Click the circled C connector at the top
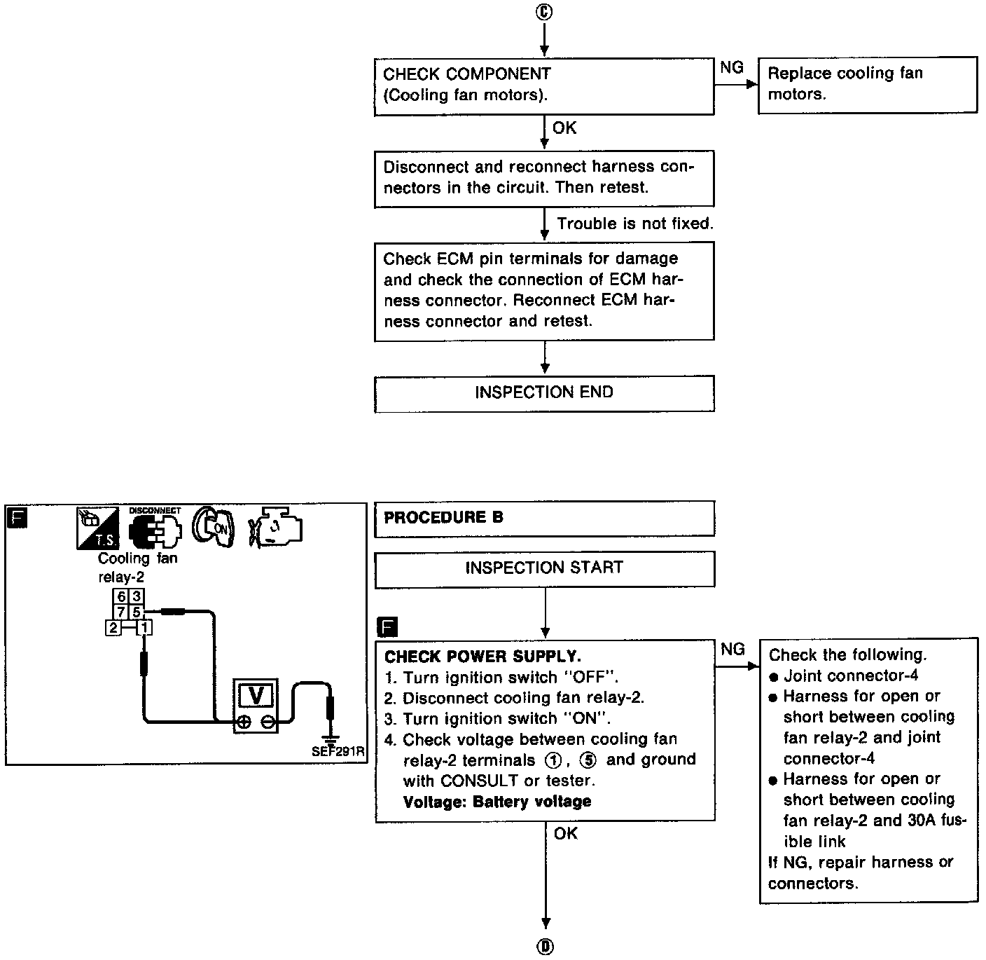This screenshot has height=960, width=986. click(x=545, y=13)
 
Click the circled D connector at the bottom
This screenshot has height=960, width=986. click(x=545, y=947)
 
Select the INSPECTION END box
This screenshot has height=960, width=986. click(x=544, y=392)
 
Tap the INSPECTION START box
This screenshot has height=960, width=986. click(x=544, y=568)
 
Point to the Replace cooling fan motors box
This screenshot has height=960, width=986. click(x=867, y=84)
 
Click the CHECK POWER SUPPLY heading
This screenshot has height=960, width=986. click(x=482, y=657)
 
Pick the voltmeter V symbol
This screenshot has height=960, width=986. click(x=256, y=695)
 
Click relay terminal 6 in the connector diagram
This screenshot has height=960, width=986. click(x=121, y=597)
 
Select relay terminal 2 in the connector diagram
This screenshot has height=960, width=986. click(x=112, y=628)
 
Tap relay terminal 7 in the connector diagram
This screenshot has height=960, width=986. click(x=121, y=612)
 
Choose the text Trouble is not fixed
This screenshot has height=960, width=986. click(x=635, y=224)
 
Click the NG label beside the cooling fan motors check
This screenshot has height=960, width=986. click(x=732, y=67)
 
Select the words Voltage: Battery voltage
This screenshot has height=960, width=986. click(x=497, y=801)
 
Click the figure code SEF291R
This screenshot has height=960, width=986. click(x=338, y=752)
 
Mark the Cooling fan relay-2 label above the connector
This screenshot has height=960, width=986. click(x=137, y=568)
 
